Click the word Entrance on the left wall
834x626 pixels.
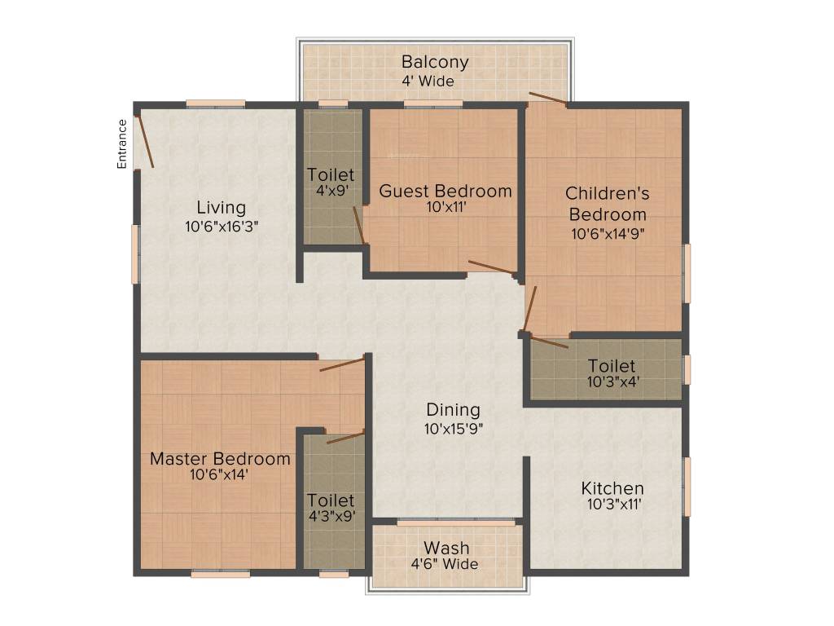(122, 143)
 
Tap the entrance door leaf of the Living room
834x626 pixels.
(144, 141)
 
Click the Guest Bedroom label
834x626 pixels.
(446, 191)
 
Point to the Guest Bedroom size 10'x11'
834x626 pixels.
(446, 208)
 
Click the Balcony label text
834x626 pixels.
(435, 62)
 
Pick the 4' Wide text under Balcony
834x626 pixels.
(428, 81)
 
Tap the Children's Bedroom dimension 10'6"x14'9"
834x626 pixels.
(608, 233)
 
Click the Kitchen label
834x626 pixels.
(612, 488)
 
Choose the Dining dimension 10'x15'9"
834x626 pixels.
(453, 428)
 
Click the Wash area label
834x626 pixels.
(445, 547)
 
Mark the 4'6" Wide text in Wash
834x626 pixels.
(445, 564)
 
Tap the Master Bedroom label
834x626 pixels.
(220, 459)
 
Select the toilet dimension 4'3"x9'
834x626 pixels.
(330, 517)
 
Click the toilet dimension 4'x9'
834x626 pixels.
(330, 192)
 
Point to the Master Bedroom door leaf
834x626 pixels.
(342, 364)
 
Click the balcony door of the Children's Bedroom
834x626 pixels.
(548, 99)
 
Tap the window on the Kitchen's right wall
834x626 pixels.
(687, 487)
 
